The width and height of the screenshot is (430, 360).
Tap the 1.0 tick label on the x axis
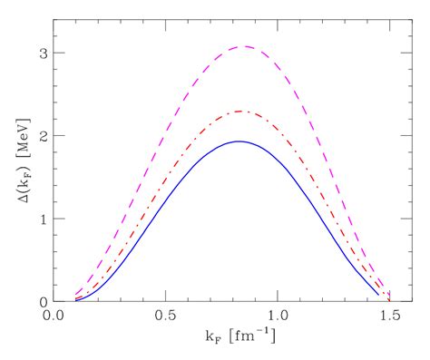coord(277,318)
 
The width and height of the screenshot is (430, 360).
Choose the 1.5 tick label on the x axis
coord(388,318)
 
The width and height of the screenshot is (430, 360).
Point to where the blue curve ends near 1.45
coord(377,295)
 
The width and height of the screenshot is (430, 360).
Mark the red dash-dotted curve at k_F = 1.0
coord(277,131)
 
